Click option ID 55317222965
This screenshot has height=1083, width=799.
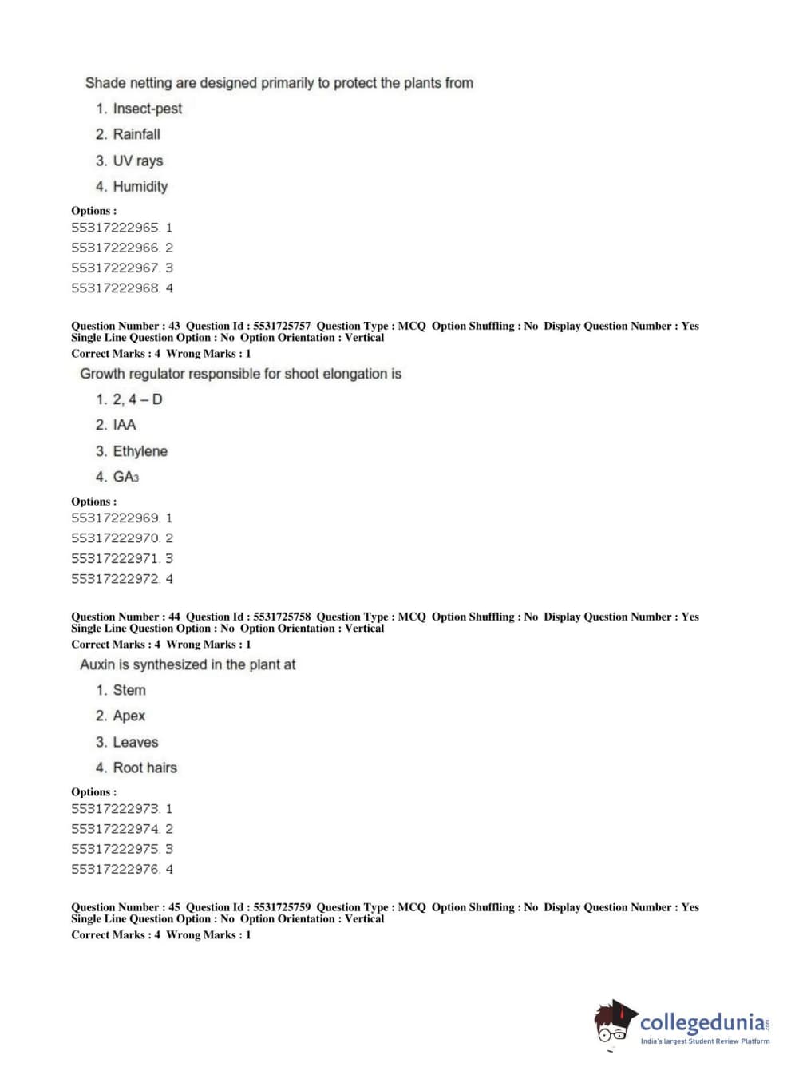(x=115, y=228)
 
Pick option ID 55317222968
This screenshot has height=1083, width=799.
(x=115, y=288)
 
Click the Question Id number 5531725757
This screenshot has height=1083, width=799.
(x=282, y=326)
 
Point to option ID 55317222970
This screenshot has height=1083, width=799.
(x=115, y=538)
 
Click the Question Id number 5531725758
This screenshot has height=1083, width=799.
(x=282, y=617)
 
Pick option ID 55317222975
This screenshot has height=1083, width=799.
(x=115, y=849)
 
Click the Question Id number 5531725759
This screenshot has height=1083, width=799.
(x=282, y=907)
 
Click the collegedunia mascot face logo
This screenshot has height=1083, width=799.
(x=614, y=1023)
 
